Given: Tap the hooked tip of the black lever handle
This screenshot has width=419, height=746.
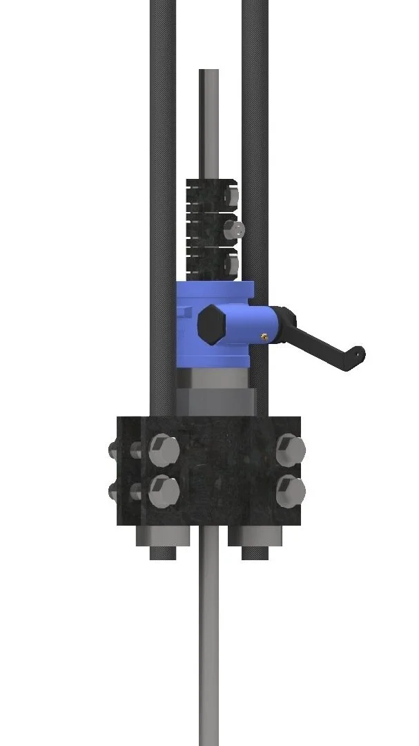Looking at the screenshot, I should (358, 354).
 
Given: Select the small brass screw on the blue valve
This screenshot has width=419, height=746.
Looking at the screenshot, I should (264, 336).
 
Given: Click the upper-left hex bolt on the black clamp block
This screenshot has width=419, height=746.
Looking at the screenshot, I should (164, 449).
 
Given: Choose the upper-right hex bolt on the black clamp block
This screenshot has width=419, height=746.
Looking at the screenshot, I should (290, 449).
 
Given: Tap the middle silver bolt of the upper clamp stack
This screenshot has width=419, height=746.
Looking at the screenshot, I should (235, 228).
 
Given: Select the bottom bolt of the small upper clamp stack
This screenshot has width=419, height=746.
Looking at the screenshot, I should (231, 263).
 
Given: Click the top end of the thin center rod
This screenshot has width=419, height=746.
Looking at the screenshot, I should (208, 73).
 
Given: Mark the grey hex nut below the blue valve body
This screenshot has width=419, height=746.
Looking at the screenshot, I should (213, 401).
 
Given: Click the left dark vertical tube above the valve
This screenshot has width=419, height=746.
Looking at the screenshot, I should (163, 138).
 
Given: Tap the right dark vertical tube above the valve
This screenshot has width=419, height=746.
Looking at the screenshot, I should (255, 138).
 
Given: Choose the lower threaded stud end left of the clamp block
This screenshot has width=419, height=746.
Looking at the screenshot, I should (114, 492).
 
